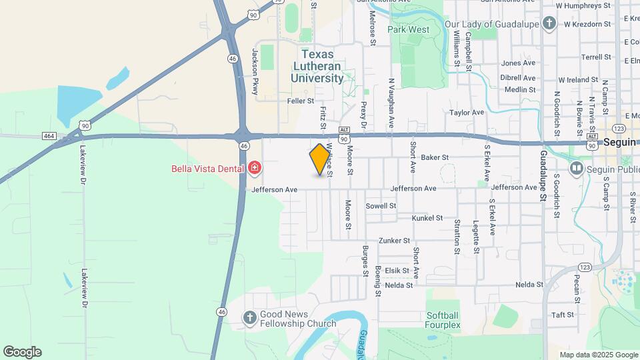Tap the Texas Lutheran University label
(317, 66)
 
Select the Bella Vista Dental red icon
(254, 167)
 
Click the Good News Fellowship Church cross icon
(249, 317)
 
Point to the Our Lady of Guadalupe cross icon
(549, 25)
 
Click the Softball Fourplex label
(443, 320)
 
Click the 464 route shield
(48, 136)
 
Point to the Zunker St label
(394, 241)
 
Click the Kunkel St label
(427, 218)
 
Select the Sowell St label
(381, 206)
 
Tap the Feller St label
(300, 101)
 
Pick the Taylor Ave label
(467, 113)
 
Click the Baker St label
(435, 157)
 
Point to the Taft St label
(563, 315)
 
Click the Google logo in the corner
(22, 352)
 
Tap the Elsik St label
(396, 271)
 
